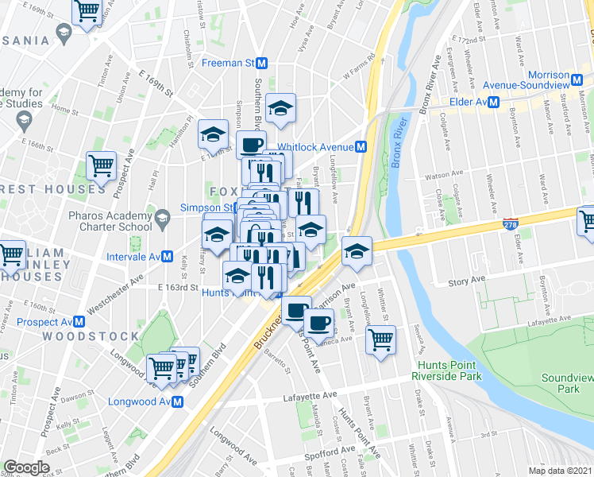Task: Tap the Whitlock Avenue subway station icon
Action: (361, 147)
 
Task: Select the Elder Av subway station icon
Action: (493, 102)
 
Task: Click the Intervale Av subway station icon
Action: (168, 256)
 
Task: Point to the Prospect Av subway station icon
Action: (79, 322)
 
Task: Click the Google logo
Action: (26, 467)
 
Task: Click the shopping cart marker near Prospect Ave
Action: (101, 165)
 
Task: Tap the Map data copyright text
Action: (559, 471)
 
